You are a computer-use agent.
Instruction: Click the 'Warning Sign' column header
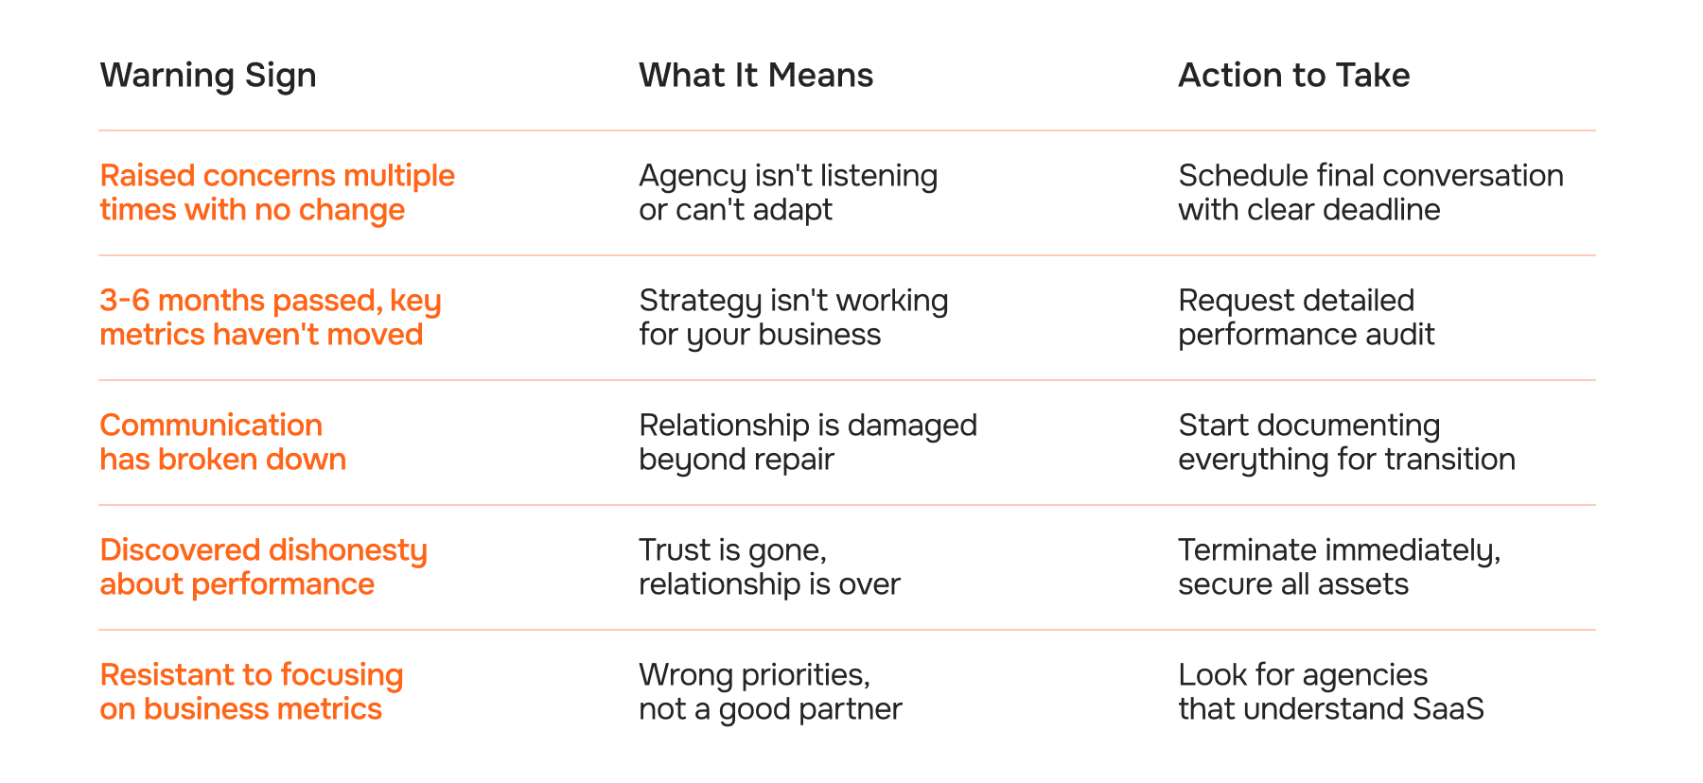coord(208,76)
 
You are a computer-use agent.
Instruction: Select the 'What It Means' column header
coord(756,76)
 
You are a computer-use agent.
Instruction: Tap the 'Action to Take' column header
coord(1293,76)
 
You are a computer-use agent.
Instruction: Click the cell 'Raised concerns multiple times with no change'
coord(277,193)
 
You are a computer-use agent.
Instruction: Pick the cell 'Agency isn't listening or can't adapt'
coord(788,193)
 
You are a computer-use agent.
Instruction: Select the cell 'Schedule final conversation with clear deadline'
coord(1370,193)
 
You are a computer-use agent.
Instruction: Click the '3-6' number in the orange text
coord(124,301)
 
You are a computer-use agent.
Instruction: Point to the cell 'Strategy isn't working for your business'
coord(793,318)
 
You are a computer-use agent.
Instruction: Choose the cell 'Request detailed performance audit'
coord(1306,318)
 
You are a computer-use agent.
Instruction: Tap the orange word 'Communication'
coord(211,426)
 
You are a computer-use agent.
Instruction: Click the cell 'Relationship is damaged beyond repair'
coord(807,443)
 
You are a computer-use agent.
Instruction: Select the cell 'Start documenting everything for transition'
coord(1346,443)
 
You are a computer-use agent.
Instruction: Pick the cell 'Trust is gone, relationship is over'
coord(769,567)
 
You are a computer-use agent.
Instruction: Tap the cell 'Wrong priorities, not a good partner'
coord(770,692)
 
